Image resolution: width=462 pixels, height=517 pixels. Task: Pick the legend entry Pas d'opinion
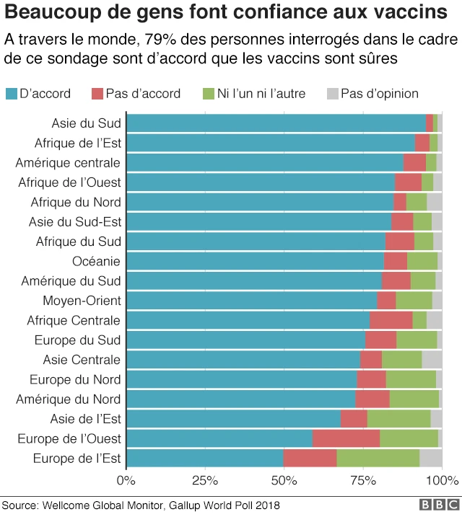point(379,93)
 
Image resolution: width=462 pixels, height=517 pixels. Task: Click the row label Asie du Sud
point(86,123)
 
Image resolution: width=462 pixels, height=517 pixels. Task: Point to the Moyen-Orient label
point(85,301)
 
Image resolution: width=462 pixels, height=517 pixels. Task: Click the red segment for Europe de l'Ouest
point(346,438)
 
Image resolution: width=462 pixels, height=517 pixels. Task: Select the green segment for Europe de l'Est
point(378,458)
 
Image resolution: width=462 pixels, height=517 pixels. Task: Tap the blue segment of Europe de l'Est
point(205,458)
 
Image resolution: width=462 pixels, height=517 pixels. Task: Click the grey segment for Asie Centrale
point(432,359)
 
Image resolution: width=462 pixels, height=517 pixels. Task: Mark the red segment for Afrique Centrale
point(391,320)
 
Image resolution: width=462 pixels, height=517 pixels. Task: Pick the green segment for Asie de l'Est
point(398,419)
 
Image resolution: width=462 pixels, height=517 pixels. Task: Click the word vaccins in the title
point(407,12)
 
